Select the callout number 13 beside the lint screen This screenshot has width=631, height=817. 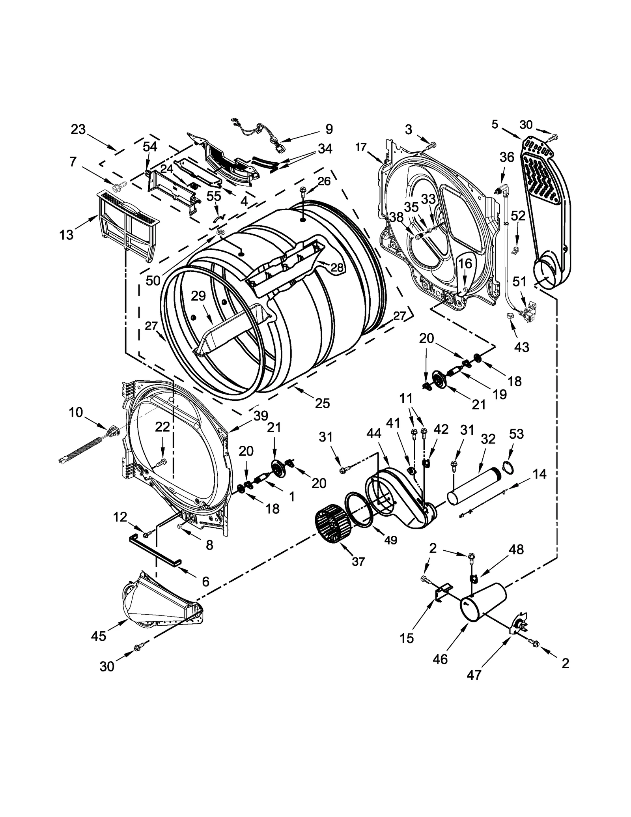click(66, 235)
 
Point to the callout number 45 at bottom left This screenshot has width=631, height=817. click(99, 636)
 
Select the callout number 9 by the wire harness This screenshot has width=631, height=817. click(329, 129)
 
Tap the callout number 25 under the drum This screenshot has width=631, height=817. click(322, 403)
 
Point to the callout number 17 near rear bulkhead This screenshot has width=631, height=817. click(360, 147)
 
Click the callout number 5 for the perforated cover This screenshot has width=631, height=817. click(495, 125)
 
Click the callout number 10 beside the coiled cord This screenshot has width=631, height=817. click(76, 412)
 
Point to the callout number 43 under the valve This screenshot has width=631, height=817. click(521, 347)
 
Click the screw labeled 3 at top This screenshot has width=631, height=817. click(431, 146)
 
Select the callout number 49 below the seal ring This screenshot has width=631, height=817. click(390, 540)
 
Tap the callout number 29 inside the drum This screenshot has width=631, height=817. click(198, 295)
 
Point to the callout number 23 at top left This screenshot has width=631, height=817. click(78, 129)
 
